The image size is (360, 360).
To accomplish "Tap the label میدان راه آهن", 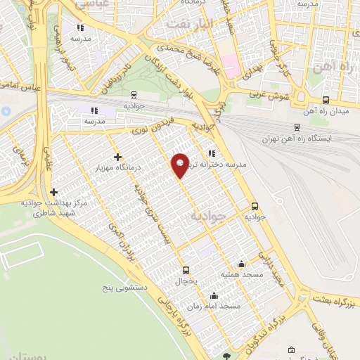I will click(x=327, y=112).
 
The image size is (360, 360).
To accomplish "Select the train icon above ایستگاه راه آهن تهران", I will click(x=297, y=127).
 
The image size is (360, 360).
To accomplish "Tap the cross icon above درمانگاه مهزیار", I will click(x=117, y=157).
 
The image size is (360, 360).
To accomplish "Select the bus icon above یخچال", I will click(x=186, y=270).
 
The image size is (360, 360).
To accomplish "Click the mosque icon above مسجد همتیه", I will click(x=242, y=264).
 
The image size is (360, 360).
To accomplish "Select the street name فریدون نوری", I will click(x=149, y=127).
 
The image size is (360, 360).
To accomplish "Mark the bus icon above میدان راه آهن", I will click(x=325, y=101).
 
